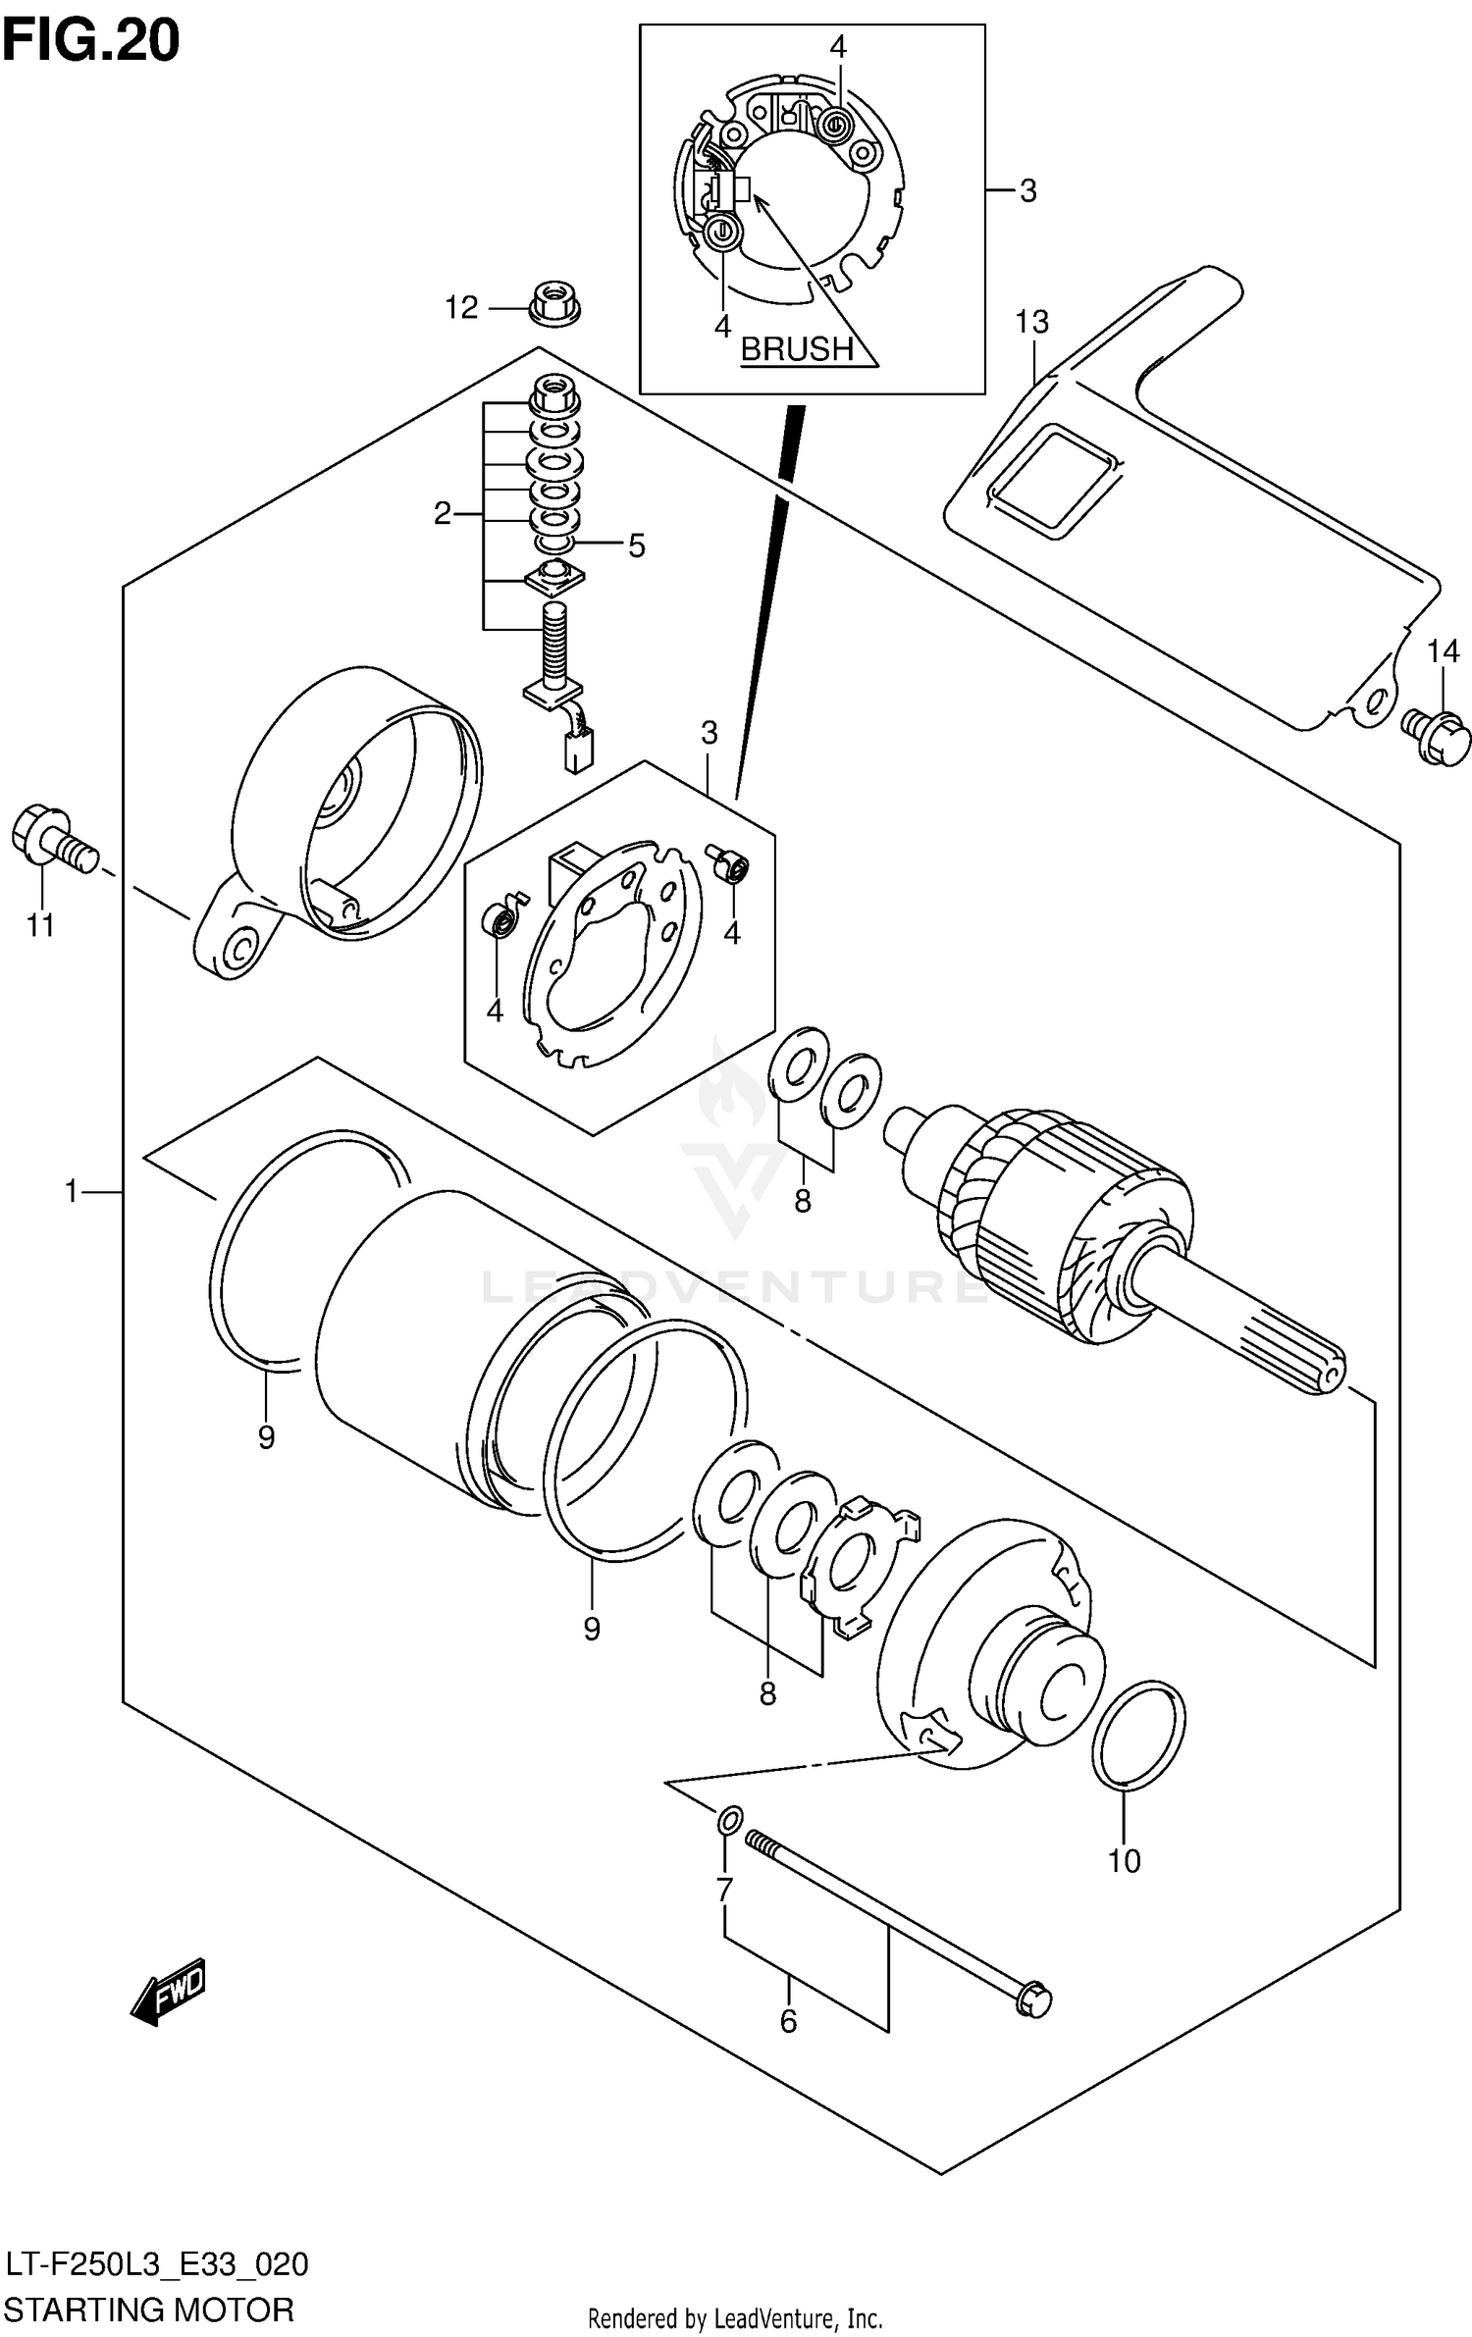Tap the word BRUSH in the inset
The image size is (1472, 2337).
(x=796, y=348)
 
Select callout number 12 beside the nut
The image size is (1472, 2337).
(x=460, y=308)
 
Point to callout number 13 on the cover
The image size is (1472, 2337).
(x=1031, y=322)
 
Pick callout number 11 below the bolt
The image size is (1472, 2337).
(x=40, y=924)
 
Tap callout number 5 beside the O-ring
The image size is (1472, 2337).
(x=636, y=546)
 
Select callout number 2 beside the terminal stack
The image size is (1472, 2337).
(x=443, y=513)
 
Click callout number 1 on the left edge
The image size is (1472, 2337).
(x=71, y=1191)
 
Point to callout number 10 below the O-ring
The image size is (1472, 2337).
(x=1124, y=1859)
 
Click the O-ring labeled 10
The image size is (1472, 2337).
(x=1138, y=1734)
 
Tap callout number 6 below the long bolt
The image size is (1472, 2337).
(x=788, y=2021)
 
